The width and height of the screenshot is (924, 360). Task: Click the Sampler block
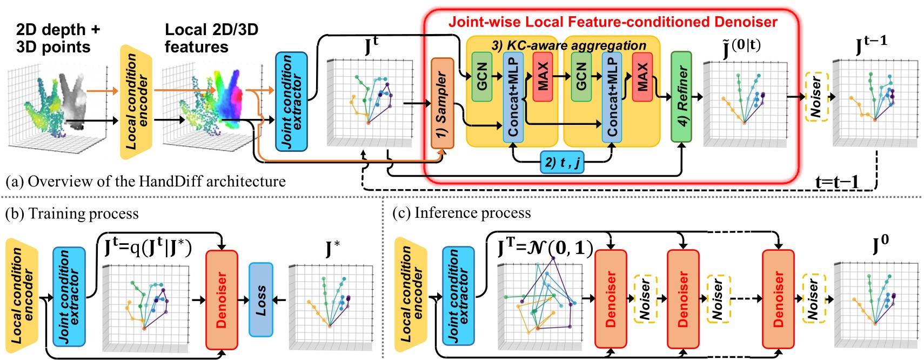click(442, 103)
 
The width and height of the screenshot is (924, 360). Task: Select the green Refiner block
click(681, 97)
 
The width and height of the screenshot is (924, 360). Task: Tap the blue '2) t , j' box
click(562, 162)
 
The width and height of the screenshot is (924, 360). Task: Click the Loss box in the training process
click(260, 299)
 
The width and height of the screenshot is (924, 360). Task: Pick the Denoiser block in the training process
click(222, 299)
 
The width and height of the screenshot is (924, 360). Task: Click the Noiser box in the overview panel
click(816, 97)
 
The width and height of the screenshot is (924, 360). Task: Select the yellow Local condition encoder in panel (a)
click(135, 102)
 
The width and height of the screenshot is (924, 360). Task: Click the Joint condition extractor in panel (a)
click(291, 102)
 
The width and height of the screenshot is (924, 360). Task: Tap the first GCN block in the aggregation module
click(481, 76)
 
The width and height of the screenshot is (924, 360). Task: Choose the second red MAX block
click(642, 76)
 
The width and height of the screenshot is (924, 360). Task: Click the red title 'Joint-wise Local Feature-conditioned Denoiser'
click(612, 22)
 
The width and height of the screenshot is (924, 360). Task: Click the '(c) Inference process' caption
click(461, 213)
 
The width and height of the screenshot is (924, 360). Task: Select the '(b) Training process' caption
click(72, 214)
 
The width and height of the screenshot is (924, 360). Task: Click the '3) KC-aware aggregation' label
click(568, 45)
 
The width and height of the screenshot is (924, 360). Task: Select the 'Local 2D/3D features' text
click(211, 38)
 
